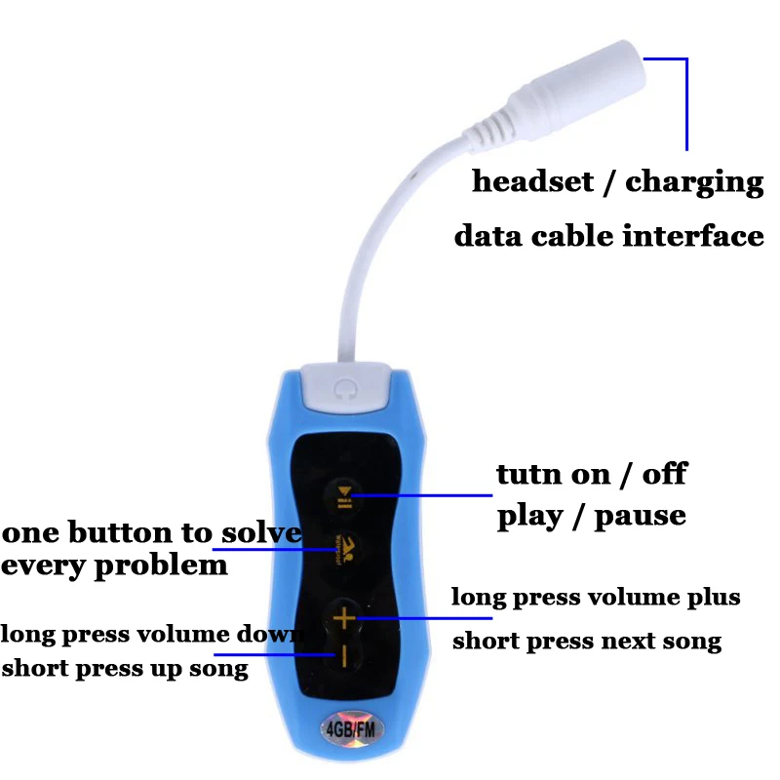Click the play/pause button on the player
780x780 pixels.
click(343, 495)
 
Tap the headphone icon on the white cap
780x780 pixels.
click(341, 388)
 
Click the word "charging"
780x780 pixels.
click(695, 183)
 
